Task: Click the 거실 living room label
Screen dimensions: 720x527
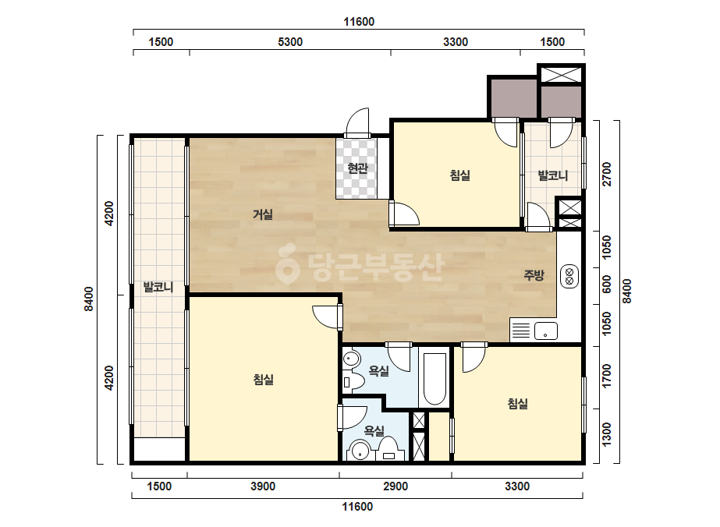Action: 263,214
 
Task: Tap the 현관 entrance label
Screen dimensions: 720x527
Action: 358,168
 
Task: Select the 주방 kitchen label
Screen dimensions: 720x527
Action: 534,275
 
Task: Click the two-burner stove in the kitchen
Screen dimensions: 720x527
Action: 569,276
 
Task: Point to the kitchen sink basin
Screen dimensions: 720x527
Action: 545,331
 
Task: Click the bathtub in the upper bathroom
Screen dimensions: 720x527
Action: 434,379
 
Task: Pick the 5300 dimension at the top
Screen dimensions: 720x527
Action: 290,42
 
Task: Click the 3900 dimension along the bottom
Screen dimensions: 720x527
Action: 263,486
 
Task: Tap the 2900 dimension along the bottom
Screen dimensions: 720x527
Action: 395,486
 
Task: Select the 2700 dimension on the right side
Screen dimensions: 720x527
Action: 607,175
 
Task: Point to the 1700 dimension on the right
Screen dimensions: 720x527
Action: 607,376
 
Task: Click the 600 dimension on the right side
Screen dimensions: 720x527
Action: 607,285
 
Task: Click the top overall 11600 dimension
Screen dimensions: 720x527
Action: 359,22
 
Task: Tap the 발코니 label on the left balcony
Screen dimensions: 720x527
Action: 158,288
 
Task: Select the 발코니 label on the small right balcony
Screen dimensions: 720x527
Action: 553,175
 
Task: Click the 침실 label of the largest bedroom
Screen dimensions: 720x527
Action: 263,380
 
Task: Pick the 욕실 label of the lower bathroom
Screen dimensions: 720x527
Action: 374,430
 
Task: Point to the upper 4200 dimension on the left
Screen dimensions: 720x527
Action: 109,214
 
